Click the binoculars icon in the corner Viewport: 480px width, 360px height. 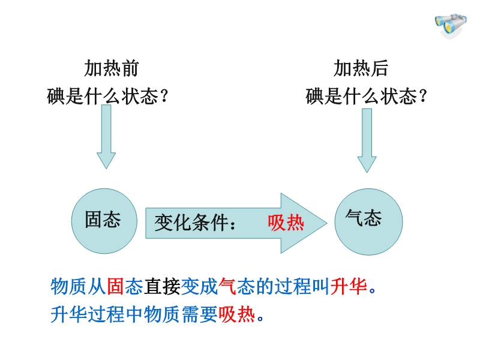pos(451,25)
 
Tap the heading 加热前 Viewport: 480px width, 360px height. pos(112,68)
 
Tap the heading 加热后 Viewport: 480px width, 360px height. pos(361,68)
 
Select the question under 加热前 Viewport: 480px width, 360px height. pos(107,96)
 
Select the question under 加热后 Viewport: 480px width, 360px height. pos(366,96)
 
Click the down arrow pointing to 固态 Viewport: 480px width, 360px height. pos(106,137)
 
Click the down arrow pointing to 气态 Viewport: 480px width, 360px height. pos(367,140)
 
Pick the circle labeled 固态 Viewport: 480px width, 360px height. pos(104,221)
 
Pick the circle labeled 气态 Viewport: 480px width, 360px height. pos(368,221)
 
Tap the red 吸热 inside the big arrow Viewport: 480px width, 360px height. pos(286,223)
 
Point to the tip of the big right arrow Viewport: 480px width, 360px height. pos(327,223)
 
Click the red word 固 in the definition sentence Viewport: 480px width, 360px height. pos(116,286)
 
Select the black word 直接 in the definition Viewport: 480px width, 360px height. pos(162,286)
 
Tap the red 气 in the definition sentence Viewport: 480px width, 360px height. pos(227,286)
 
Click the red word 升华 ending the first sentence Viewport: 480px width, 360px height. pos(349,286)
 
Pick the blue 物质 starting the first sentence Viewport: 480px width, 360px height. pos(69,286)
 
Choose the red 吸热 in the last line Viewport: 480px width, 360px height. pos(236,314)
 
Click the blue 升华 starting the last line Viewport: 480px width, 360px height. pos(69,314)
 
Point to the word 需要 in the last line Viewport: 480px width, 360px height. pos(200,314)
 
